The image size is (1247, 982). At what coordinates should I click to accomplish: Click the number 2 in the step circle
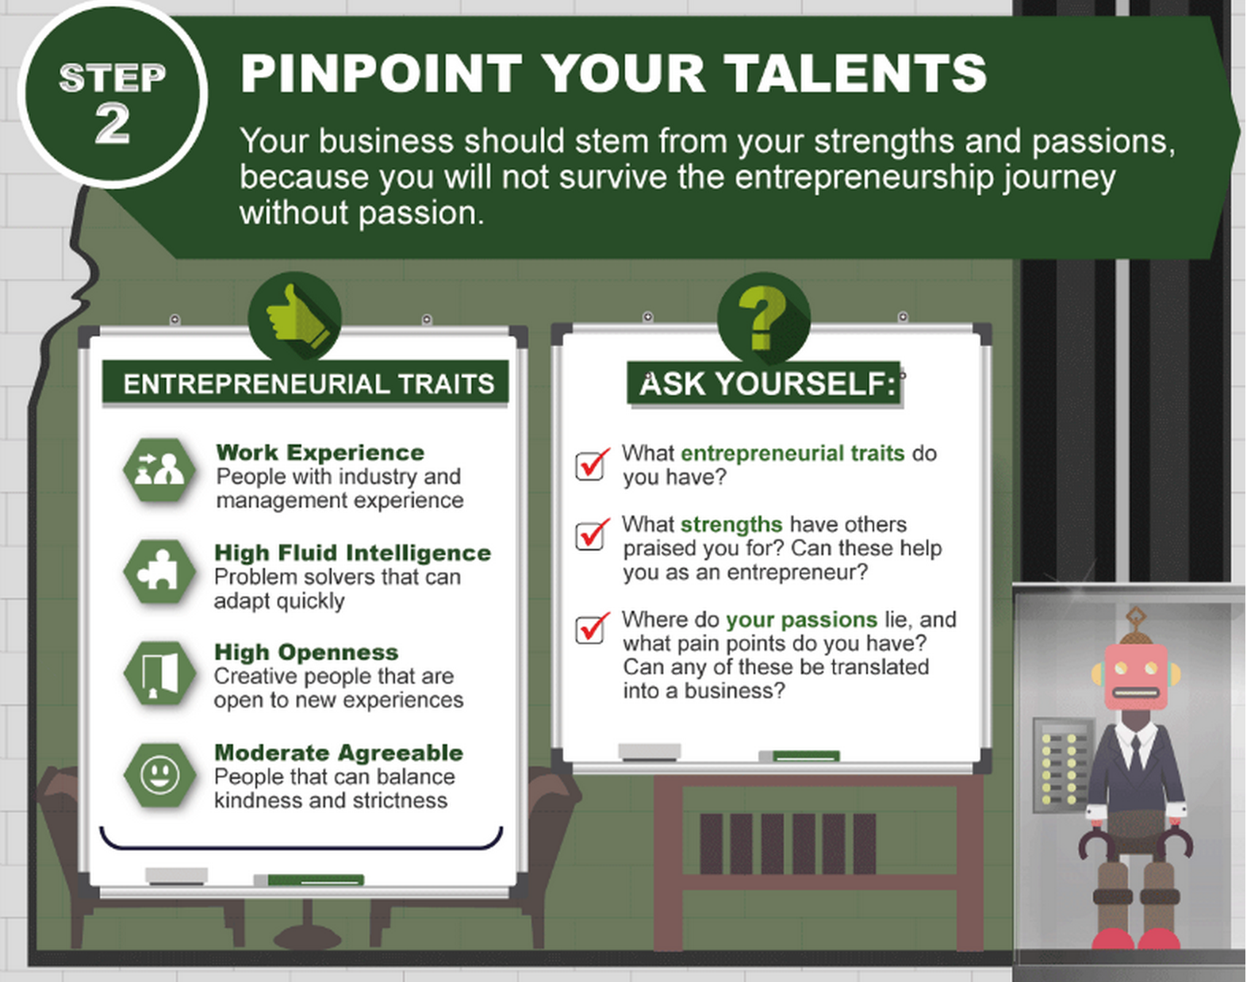pyautogui.click(x=113, y=124)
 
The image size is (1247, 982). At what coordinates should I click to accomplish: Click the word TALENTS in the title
pyautogui.click(x=854, y=73)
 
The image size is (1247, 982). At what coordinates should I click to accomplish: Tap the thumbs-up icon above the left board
pyautogui.click(x=295, y=316)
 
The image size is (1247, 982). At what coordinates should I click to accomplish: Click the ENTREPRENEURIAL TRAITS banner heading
pyautogui.click(x=309, y=384)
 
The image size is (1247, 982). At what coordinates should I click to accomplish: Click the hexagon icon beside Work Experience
pyautogui.click(x=159, y=470)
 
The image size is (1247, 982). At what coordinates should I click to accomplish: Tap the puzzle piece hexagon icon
pyautogui.click(x=159, y=571)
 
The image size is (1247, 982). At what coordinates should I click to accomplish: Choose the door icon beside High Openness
pyautogui.click(x=159, y=673)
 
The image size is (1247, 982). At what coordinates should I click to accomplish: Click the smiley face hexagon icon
pyautogui.click(x=159, y=775)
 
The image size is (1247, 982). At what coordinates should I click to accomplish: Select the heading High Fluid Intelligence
pyautogui.click(x=352, y=554)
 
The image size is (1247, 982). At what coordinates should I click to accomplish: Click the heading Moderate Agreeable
pyautogui.click(x=339, y=753)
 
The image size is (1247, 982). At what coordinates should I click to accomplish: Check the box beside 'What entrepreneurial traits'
pyautogui.click(x=591, y=465)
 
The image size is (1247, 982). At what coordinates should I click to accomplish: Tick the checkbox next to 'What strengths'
pyautogui.click(x=591, y=534)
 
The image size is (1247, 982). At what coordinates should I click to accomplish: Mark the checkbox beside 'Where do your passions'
pyautogui.click(x=591, y=628)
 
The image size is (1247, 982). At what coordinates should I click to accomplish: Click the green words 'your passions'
pyautogui.click(x=801, y=620)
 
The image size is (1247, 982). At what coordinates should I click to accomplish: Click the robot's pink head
pyautogui.click(x=1135, y=677)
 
